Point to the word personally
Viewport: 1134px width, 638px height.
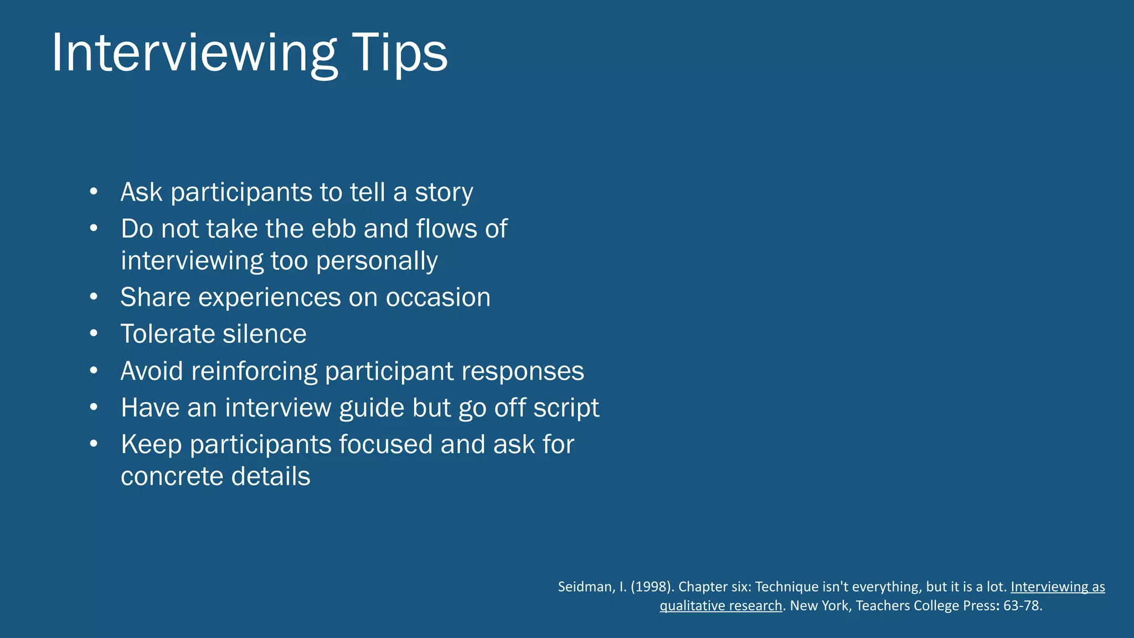click(377, 261)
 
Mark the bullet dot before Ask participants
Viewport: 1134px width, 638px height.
click(94, 192)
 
